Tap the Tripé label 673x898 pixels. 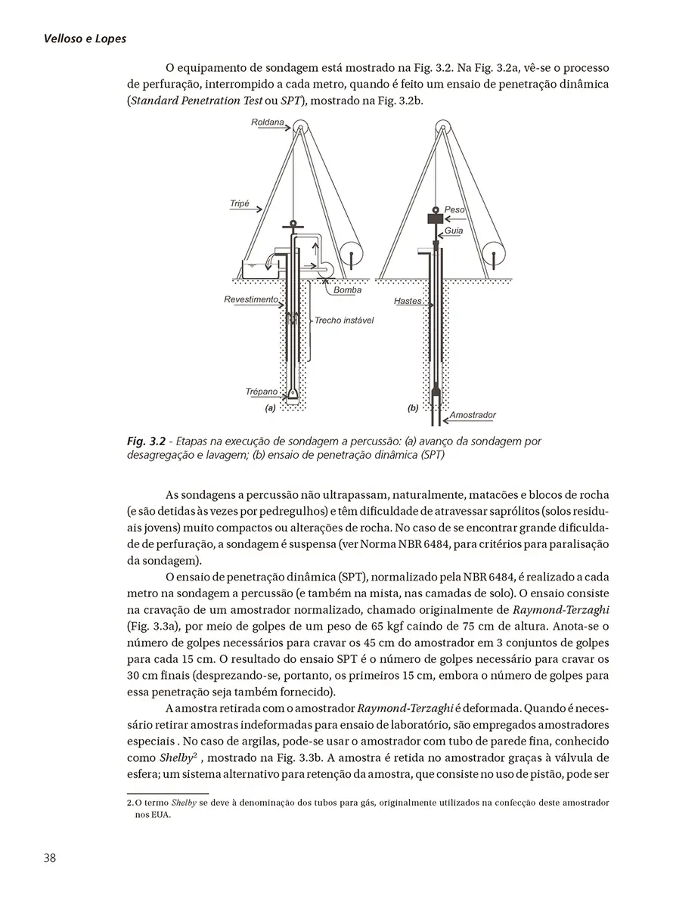[x=239, y=204]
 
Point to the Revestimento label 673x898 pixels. [x=251, y=299]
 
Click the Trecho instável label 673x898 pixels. [x=344, y=320]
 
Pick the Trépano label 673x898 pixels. [x=262, y=392]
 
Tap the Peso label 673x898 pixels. [x=454, y=209]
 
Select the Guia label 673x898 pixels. [x=454, y=229]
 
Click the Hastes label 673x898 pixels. [x=408, y=301]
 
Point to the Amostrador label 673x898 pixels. [x=473, y=415]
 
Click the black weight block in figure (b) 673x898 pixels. [x=436, y=218]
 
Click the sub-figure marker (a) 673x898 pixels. [x=269, y=407]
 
